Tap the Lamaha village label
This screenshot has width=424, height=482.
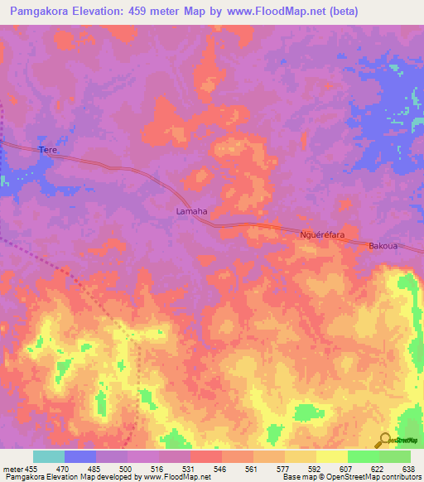191,211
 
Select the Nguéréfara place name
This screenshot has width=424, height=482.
321,235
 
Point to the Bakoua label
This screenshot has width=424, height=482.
383,246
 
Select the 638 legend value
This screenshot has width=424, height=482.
410,469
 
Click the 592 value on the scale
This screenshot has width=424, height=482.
316,469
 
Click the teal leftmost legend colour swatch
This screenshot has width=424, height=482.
49,456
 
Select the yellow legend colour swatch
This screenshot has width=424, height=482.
331,456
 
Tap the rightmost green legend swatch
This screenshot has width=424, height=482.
394,456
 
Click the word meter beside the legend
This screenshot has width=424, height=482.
12,469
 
